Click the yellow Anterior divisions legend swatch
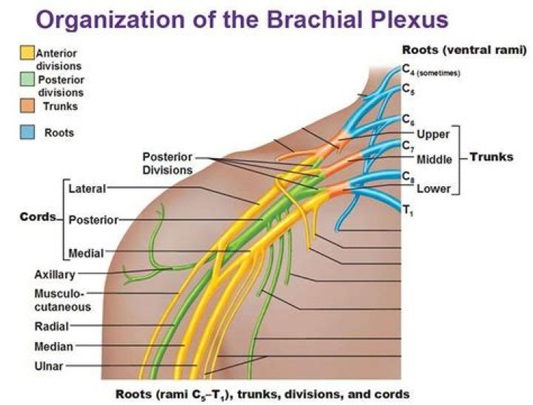coord(27,52)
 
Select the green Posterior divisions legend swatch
coord(27,75)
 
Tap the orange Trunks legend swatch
coord(27,106)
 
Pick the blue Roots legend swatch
coord(27,133)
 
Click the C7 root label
coord(408,146)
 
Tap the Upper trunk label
coord(433,135)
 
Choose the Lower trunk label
coord(433,188)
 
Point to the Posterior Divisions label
coord(167,163)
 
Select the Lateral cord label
coord(87,188)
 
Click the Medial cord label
coord(86,253)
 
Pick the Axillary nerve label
coord(55,275)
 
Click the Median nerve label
coord(53,346)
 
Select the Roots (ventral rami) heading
coord(464,50)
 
